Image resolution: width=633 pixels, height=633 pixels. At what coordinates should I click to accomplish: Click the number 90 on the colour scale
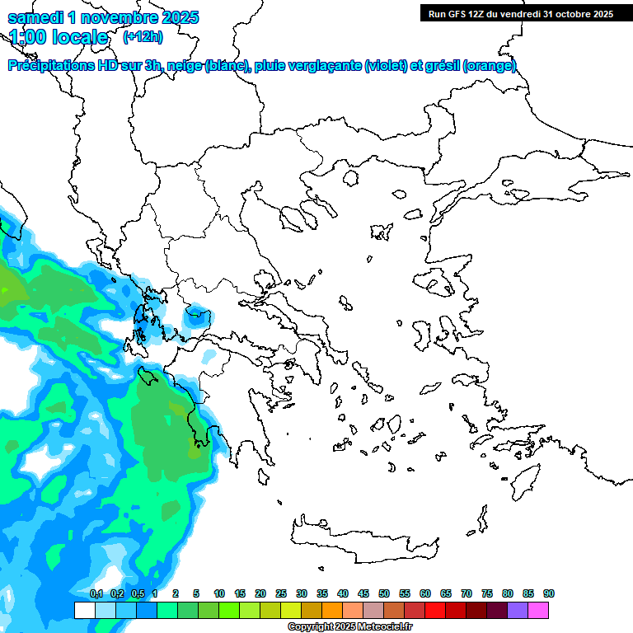coord(548,593)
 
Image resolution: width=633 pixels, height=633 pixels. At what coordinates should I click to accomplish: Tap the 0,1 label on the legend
coord(96,593)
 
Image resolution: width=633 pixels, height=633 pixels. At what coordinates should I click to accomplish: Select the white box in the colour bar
coord(84,610)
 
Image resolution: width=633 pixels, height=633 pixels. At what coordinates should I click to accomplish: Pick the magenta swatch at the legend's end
coord(538,610)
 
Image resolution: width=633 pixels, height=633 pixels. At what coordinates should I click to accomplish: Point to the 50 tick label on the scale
coord(384,593)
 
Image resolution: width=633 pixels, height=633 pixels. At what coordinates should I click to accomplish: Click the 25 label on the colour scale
coord(281,593)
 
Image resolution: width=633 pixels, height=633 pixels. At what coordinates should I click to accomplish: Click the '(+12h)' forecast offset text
coord(143,37)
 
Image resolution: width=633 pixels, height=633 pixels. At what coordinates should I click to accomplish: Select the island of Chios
coord(421,335)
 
